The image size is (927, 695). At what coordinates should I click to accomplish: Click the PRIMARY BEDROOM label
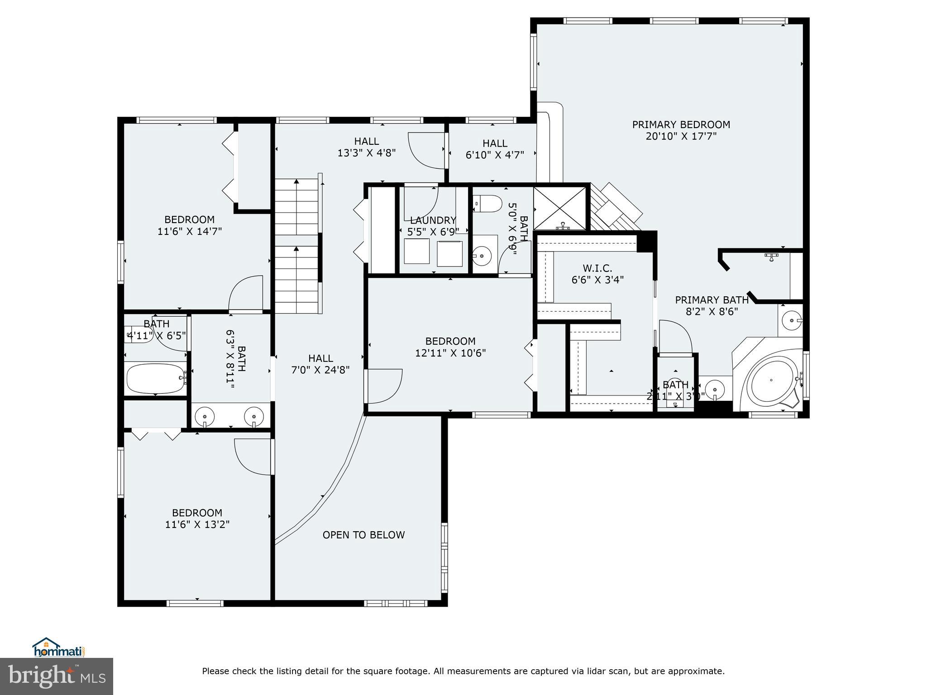pyautogui.click(x=681, y=124)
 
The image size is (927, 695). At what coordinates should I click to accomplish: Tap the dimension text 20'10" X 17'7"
pyautogui.click(x=681, y=136)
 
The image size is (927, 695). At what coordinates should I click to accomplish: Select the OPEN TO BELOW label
pyautogui.click(x=363, y=535)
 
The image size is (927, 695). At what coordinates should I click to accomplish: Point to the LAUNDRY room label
pyautogui.click(x=433, y=220)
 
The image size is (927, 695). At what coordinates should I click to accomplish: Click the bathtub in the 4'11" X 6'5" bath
pyautogui.click(x=155, y=379)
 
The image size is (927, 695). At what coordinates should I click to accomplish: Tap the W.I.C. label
pyautogui.click(x=597, y=268)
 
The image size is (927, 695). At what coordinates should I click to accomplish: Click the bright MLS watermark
pyautogui.click(x=57, y=676)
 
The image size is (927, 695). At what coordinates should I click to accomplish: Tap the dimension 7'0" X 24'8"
pyautogui.click(x=320, y=370)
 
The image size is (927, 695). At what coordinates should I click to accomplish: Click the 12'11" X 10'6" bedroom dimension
pyautogui.click(x=450, y=353)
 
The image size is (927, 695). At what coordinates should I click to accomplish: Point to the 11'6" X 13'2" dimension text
pyautogui.click(x=197, y=524)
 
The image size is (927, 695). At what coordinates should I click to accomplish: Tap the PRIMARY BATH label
pyautogui.click(x=712, y=300)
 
